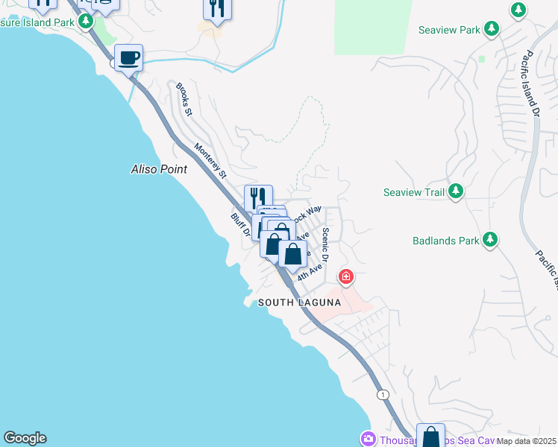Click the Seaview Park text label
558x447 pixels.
pos(449,31)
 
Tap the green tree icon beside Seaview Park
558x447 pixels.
pos(491,29)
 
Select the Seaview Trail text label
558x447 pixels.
pos(414,192)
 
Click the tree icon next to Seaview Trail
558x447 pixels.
pos(455,192)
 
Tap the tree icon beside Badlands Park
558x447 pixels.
pos(489,240)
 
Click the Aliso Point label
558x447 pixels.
pos(159,170)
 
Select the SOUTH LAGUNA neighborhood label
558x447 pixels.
pos(299,302)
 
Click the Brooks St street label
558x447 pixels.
pos(184,100)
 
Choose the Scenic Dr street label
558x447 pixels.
pos(325,244)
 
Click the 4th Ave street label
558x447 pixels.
pos(310,270)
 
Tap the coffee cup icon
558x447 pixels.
pos(128,57)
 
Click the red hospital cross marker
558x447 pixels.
pos(345,278)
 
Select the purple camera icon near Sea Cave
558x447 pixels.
pos(367,440)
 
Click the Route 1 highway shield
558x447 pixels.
pos(382,394)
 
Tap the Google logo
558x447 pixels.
pos(25,438)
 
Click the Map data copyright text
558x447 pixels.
pos(526,440)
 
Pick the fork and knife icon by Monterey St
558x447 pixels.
pos(258,197)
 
